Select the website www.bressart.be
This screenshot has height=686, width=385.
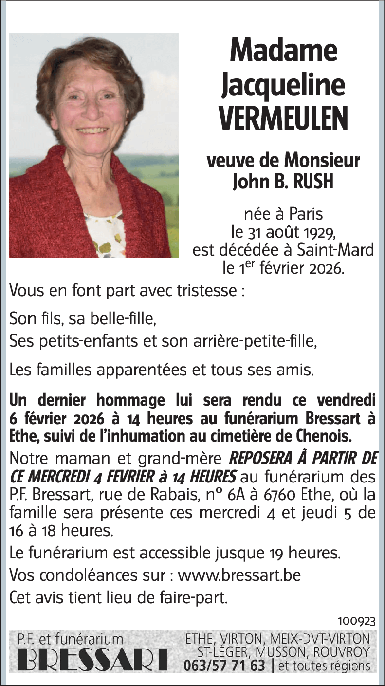click(x=239, y=575)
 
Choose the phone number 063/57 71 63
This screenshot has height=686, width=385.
click(x=225, y=666)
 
